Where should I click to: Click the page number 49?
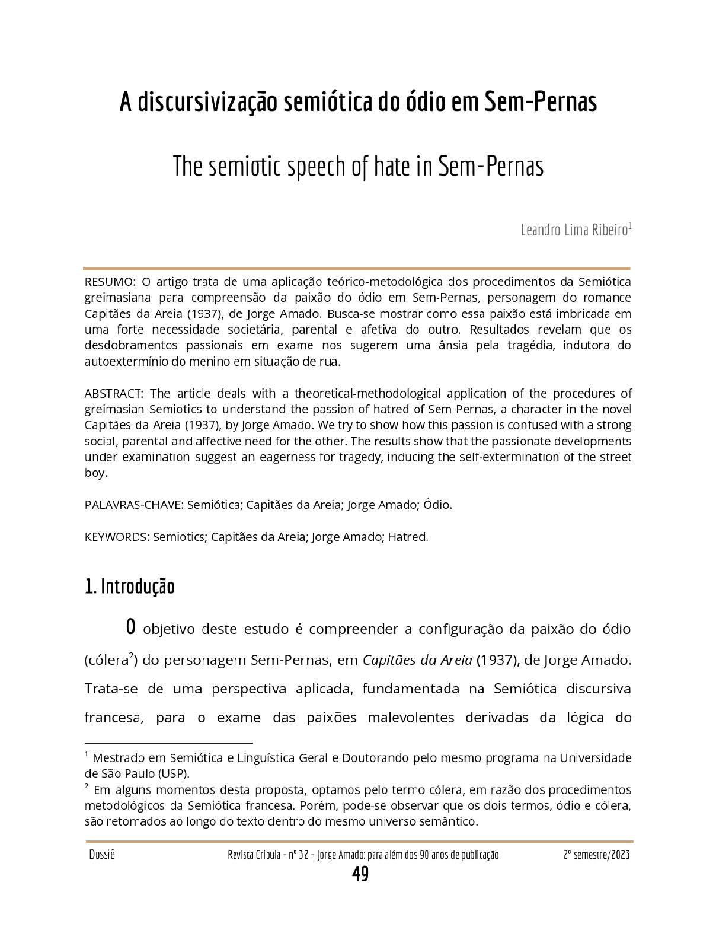tap(360, 874)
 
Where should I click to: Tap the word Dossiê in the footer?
tap(102, 855)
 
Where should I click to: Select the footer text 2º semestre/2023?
tap(596, 855)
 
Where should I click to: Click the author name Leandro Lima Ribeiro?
tap(574, 230)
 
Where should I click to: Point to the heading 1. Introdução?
tap(130, 587)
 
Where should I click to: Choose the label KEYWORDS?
tap(117, 537)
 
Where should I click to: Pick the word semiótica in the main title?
tap(328, 102)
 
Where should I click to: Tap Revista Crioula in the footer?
tap(254, 855)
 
